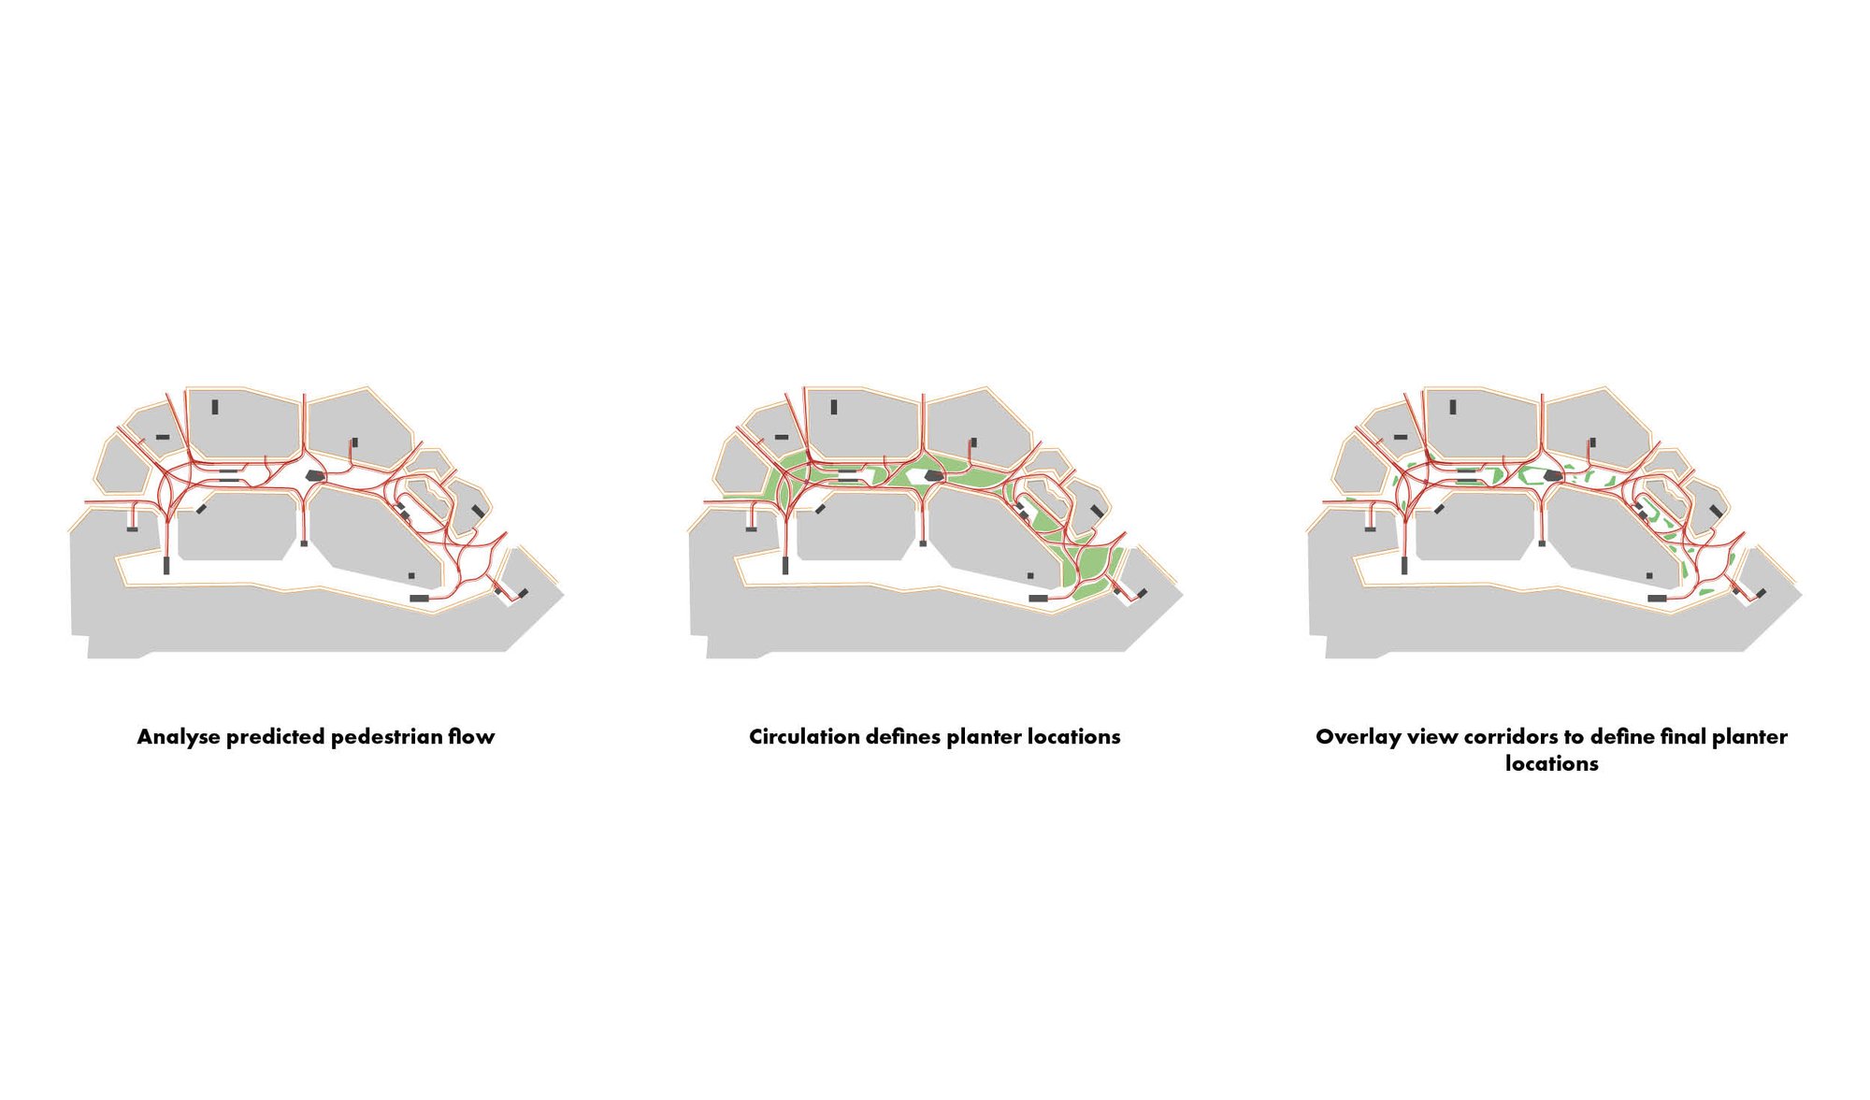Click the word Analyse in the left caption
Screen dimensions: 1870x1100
tap(179, 737)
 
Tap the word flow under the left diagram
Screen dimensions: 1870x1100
tap(471, 737)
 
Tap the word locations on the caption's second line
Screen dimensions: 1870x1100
tap(1551, 764)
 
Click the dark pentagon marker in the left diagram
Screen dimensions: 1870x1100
tap(315, 476)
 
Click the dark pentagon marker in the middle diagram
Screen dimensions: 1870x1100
tap(933, 476)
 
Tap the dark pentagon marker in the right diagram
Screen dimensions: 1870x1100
tap(1553, 476)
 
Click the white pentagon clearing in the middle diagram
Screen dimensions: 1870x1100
tap(914, 476)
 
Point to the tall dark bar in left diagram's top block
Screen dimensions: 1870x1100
tap(215, 407)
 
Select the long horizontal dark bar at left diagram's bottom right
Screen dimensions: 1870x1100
tap(419, 598)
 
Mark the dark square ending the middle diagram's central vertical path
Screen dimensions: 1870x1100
tap(923, 543)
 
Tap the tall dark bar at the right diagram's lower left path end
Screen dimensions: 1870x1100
tap(1404, 565)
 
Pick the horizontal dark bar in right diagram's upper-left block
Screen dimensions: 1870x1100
tap(1400, 437)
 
